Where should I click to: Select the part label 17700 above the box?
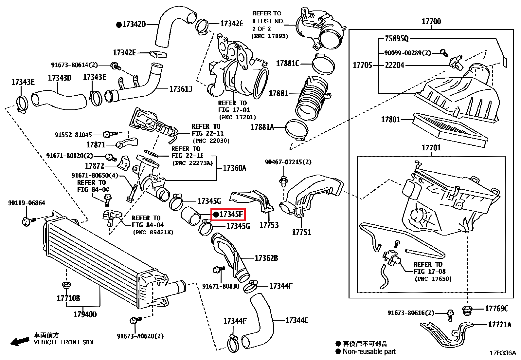click(x=431, y=22)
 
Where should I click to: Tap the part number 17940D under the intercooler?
click(x=85, y=314)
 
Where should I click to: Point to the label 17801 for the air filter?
click(x=390, y=120)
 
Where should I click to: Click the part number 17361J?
click(x=181, y=89)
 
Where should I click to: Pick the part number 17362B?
click(x=266, y=258)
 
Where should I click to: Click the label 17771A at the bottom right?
click(x=499, y=325)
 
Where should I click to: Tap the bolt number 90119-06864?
click(x=27, y=203)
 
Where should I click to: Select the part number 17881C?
click(x=288, y=64)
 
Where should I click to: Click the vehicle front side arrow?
click(x=19, y=342)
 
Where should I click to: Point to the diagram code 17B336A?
click(x=503, y=353)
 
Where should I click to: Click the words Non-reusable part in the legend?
click(x=369, y=352)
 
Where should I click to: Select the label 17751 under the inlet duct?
click(x=301, y=232)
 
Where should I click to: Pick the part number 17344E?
click(x=296, y=320)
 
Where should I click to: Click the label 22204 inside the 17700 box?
click(x=394, y=65)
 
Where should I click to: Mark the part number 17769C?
click(x=496, y=309)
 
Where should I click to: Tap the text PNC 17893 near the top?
click(x=270, y=36)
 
